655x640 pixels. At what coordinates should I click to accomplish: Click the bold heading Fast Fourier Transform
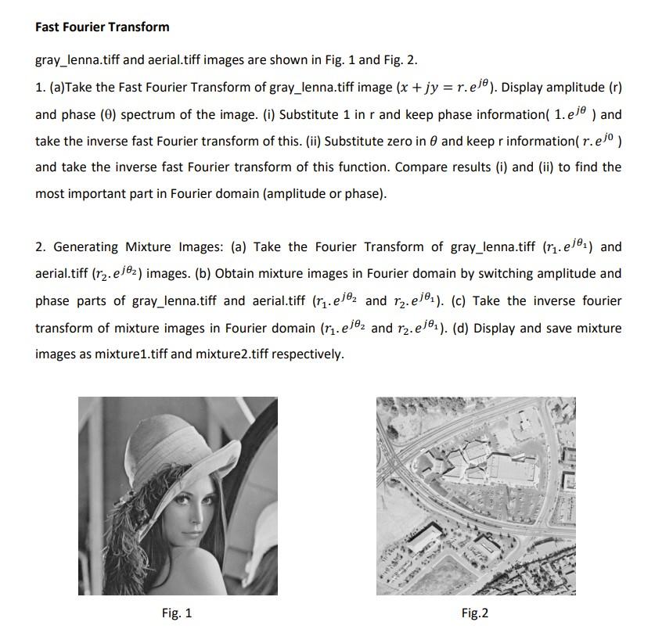[102, 27]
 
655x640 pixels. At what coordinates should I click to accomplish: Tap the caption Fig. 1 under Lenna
[176, 613]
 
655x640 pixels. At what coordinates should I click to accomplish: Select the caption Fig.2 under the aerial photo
[474, 613]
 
